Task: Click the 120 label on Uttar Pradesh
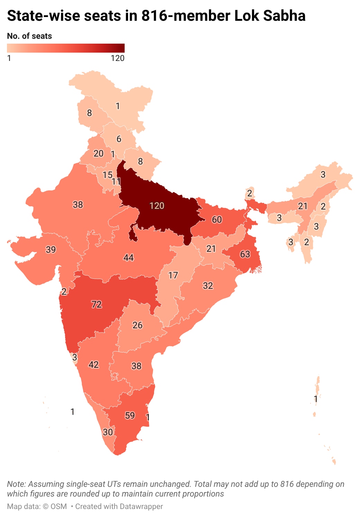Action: [156, 206]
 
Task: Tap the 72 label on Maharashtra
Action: [96, 304]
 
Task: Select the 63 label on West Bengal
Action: [245, 254]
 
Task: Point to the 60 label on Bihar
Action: [217, 220]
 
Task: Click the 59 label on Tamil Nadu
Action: [130, 416]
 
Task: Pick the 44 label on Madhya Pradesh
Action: [128, 258]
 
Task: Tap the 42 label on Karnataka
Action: [93, 365]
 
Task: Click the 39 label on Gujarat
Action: [51, 250]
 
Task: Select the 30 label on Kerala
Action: [108, 432]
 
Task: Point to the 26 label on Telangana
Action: [137, 325]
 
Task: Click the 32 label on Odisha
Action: [208, 286]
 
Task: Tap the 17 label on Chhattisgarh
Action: [173, 275]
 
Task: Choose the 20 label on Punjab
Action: [98, 153]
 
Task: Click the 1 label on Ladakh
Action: [118, 106]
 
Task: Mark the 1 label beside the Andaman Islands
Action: [315, 399]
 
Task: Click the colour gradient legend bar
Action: [66, 48]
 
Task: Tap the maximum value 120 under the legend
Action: [117, 58]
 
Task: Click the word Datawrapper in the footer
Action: [141, 506]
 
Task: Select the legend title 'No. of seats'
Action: [29, 36]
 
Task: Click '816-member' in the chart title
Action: [186, 16]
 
